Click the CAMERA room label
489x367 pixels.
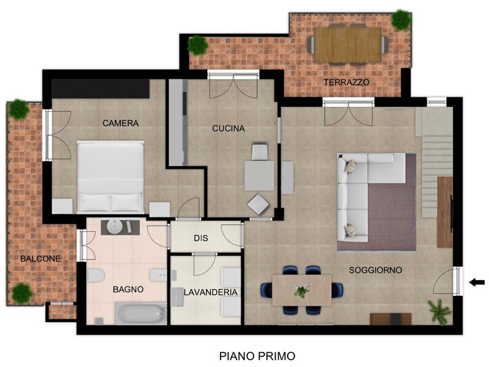(120, 123)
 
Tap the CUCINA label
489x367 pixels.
(228, 128)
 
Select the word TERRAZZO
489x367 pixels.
(346, 83)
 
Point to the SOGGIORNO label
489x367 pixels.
(375, 270)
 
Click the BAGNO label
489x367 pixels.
(128, 289)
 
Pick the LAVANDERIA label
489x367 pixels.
(211, 292)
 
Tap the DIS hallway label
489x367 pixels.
(201, 238)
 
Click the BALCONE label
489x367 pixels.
(40, 259)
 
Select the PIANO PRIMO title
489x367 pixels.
(257, 356)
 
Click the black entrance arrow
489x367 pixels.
(477, 283)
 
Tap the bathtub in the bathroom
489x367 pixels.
(141, 313)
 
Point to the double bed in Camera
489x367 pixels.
(111, 177)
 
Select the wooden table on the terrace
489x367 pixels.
(348, 45)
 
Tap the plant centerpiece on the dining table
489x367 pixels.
(301, 290)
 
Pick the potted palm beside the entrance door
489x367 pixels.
(439, 312)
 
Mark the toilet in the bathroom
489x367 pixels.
(96, 276)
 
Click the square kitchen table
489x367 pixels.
(259, 176)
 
